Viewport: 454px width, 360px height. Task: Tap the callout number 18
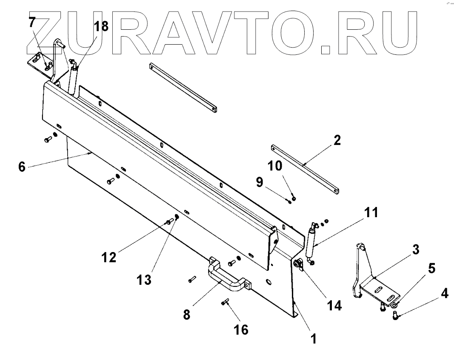(x=101, y=26)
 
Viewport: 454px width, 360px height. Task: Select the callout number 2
(x=337, y=140)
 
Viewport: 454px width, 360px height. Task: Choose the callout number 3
(x=415, y=250)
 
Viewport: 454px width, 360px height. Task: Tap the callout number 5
(x=431, y=269)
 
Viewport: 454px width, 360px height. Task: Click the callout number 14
(x=335, y=306)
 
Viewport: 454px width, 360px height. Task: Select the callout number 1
(x=313, y=339)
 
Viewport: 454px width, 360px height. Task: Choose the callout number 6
(x=23, y=166)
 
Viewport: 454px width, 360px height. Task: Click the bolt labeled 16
(x=226, y=302)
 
